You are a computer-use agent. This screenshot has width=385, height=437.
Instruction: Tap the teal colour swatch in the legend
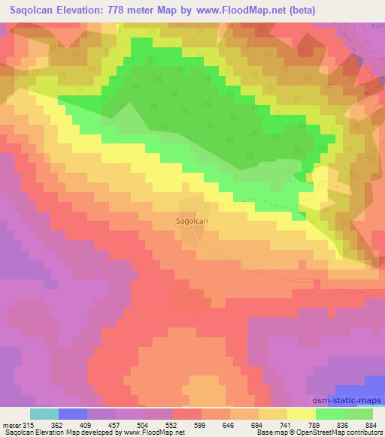pyautogui.click(x=44, y=413)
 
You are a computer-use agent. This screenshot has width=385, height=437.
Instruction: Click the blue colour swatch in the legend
pyautogui.click(x=73, y=413)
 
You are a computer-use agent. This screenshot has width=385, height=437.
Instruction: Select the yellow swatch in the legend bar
pyautogui.click(x=301, y=413)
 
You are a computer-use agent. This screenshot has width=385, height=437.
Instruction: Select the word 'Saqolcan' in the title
pyautogui.click(x=33, y=10)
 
